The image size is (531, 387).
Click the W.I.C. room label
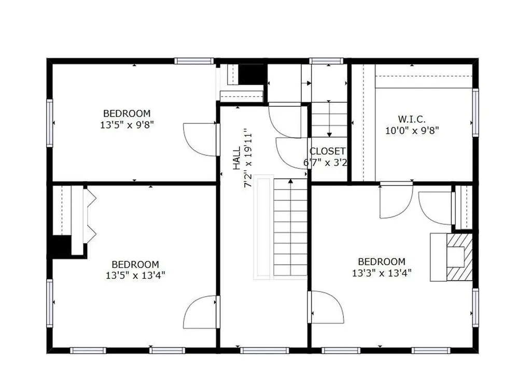tap(412, 118)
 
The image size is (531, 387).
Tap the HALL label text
tap(236, 158)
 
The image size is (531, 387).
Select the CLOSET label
tap(327, 151)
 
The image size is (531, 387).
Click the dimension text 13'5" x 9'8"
tap(127, 125)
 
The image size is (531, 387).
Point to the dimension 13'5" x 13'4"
tap(135, 275)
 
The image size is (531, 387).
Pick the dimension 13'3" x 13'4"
tap(382, 273)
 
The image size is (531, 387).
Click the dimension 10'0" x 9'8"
tap(412, 131)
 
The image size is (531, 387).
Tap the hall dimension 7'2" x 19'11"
tap(248, 158)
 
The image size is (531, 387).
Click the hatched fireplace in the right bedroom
tap(459, 257)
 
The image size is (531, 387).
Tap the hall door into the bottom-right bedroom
tap(326, 307)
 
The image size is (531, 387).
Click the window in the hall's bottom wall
tap(264, 351)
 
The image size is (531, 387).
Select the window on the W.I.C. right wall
tap(475, 113)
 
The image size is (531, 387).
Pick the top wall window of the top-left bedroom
tap(194, 61)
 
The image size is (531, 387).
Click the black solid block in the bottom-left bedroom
tap(61, 246)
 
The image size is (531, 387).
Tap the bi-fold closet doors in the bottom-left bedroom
tap(89, 216)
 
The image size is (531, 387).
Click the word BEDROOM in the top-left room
tap(127, 113)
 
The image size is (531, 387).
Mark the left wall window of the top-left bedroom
tap(50, 123)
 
